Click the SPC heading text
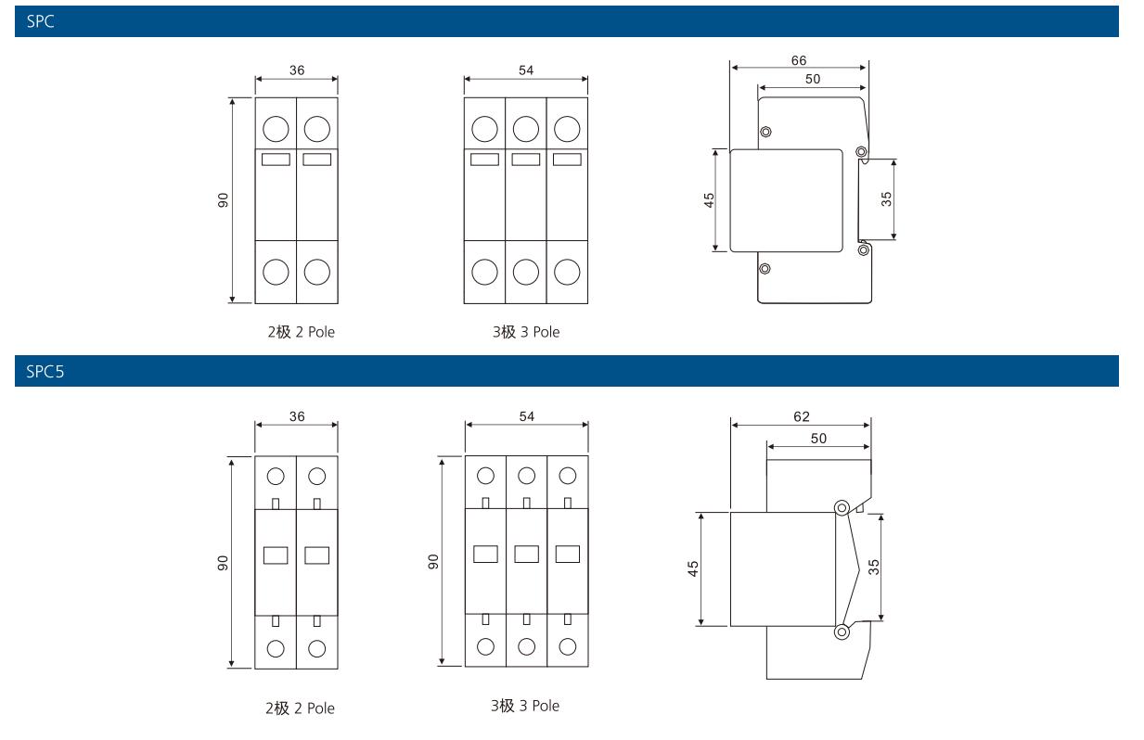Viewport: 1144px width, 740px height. coord(40,21)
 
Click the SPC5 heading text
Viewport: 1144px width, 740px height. coord(45,372)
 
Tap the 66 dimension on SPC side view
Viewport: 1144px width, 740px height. coord(798,60)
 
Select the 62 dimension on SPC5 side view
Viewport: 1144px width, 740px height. coord(801,417)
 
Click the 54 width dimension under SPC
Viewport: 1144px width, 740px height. coord(526,70)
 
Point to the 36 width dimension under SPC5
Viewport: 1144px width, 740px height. coord(296,416)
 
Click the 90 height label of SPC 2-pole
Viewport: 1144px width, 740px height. coord(224,200)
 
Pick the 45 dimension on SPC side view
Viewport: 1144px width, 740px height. coord(709,199)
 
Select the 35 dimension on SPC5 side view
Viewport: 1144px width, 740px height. coord(873,567)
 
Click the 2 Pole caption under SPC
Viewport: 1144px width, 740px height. coord(301,332)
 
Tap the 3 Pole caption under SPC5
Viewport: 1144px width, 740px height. coord(525,706)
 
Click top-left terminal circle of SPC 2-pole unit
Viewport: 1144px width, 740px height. coord(276,127)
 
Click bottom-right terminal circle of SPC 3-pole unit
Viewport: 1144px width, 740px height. coord(567,272)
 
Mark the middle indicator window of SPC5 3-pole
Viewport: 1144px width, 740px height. coord(526,555)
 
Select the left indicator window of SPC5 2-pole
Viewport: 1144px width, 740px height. coord(276,555)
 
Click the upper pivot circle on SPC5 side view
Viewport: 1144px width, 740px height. coord(841,508)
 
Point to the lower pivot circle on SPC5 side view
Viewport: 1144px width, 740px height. coord(841,632)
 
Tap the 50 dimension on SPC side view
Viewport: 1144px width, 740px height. coord(812,80)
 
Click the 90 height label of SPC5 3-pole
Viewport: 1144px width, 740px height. coord(432,562)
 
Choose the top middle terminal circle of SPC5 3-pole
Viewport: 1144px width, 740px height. coord(526,476)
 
